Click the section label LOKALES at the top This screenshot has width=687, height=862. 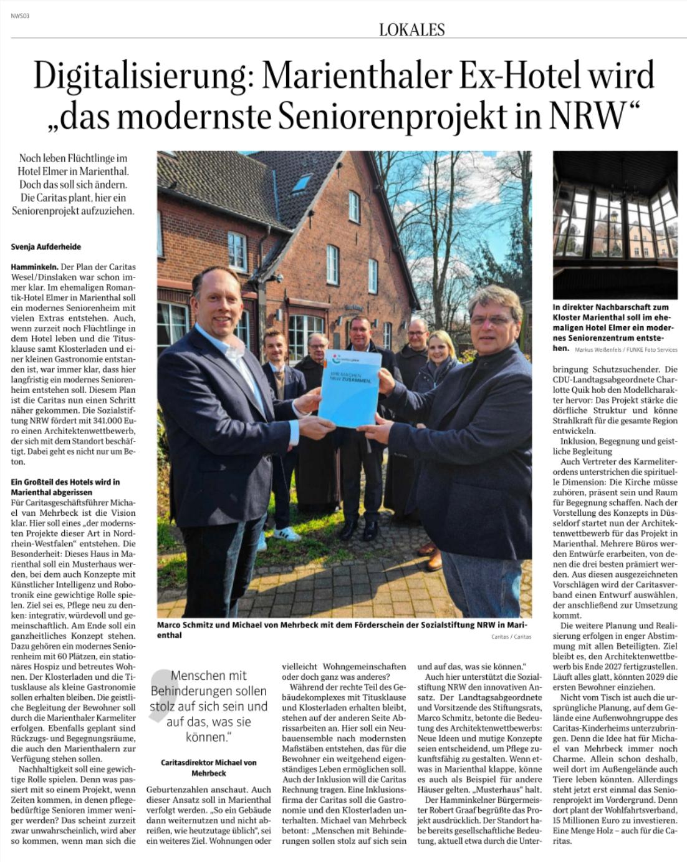411,29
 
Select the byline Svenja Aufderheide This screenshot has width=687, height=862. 46,247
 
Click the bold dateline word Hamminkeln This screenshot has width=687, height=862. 32,267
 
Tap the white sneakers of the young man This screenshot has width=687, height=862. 287,534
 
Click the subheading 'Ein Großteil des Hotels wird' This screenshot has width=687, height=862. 65,482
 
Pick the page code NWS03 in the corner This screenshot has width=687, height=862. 20,16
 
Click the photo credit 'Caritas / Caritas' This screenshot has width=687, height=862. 511,637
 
